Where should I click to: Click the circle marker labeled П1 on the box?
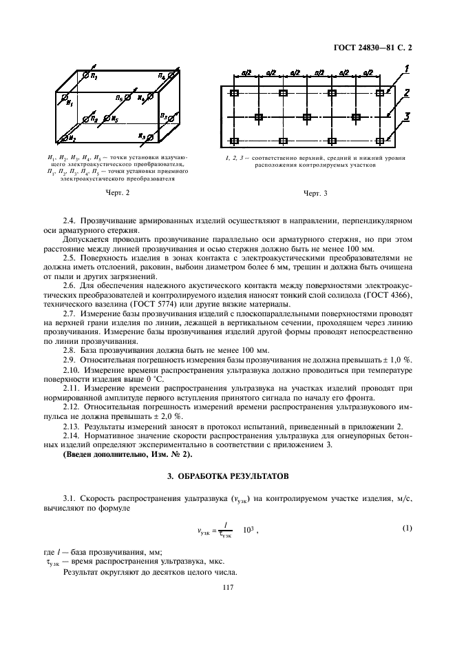pyautogui.click(x=85, y=74)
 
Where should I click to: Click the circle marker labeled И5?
pyautogui.click(x=107, y=118)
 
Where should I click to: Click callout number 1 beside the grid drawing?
pyautogui.click(x=408, y=70)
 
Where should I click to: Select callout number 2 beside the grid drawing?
pyautogui.click(x=408, y=92)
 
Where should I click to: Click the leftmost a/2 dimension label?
pyautogui.click(x=246, y=71)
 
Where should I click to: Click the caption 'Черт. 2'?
pyautogui.click(x=118, y=193)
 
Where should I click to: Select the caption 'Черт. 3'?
pyautogui.click(x=315, y=193)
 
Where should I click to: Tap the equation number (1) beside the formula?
pyautogui.click(x=406, y=528)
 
